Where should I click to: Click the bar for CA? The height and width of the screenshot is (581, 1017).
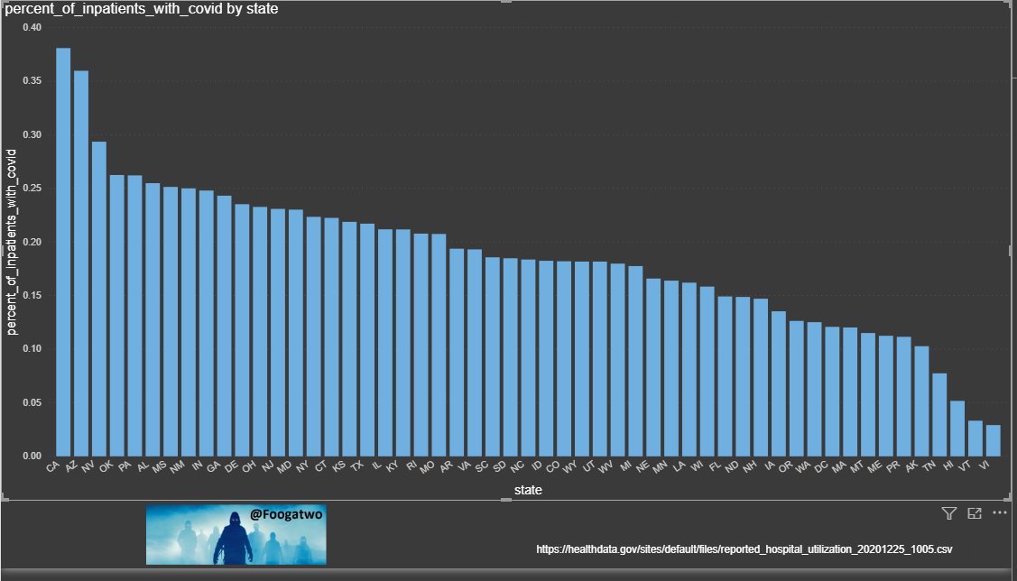pyautogui.click(x=63, y=253)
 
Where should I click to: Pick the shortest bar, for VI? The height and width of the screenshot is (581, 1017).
pyautogui.click(x=993, y=441)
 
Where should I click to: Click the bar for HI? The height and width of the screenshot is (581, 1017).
pyautogui.click(x=957, y=429)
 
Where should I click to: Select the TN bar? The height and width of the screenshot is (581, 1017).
pyautogui.click(x=939, y=415)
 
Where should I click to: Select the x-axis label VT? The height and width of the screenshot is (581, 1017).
pyautogui.click(x=973, y=468)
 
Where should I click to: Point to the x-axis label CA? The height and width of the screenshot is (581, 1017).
pyautogui.click(x=54, y=469)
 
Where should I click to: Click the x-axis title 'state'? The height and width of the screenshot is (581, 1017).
pyautogui.click(x=528, y=490)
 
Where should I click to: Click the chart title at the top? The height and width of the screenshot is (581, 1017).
pyautogui.click(x=142, y=10)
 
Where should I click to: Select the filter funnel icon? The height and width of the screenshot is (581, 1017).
pyautogui.click(x=948, y=513)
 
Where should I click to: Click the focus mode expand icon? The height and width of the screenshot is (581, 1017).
pyautogui.click(x=974, y=513)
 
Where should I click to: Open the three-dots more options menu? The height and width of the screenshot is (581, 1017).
pyautogui.click(x=999, y=513)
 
